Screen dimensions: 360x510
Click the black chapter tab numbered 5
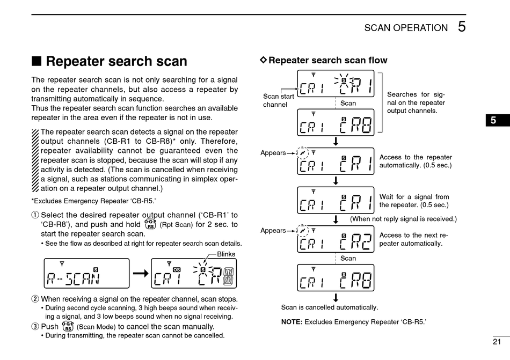[x=493, y=121]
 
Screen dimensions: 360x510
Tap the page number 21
[x=496, y=341]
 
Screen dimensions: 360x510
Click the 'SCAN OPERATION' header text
[x=405, y=28]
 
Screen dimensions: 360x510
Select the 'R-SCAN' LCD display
[x=86, y=274]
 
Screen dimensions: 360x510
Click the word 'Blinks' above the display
[x=226, y=254]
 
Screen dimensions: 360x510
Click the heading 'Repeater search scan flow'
[x=327, y=60]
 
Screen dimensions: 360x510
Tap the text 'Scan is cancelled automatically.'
[x=330, y=307]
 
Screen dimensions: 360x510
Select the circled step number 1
[x=35, y=215]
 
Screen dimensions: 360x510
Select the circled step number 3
[x=35, y=326]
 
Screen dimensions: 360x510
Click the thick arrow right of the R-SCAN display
[x=140, y=274]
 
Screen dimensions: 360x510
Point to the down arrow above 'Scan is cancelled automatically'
[x=336, y=297]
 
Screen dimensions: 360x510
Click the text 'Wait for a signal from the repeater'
[x=414, y=201]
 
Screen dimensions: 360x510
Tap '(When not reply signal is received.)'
[x=403, y=218]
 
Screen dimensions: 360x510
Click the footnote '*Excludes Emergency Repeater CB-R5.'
[x=94, y=201]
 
